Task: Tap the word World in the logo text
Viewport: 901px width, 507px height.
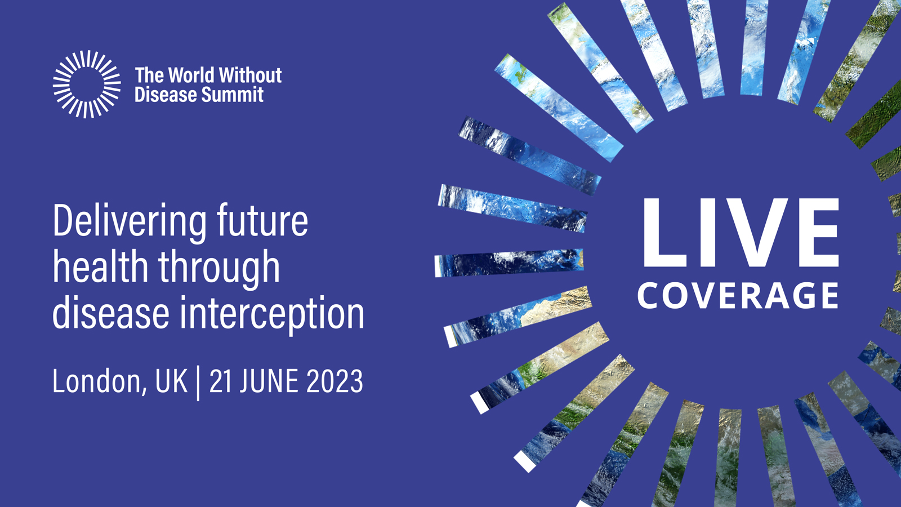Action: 191,75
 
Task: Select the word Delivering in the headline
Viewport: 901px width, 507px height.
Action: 130,222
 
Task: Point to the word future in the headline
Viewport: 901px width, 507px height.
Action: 262,220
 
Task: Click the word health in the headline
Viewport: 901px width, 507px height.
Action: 101,266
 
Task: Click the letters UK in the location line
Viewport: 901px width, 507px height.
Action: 171,381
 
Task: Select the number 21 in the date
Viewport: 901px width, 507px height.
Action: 220,381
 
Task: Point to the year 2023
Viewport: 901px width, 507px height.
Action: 334,381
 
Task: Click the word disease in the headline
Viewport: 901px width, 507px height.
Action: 111,313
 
